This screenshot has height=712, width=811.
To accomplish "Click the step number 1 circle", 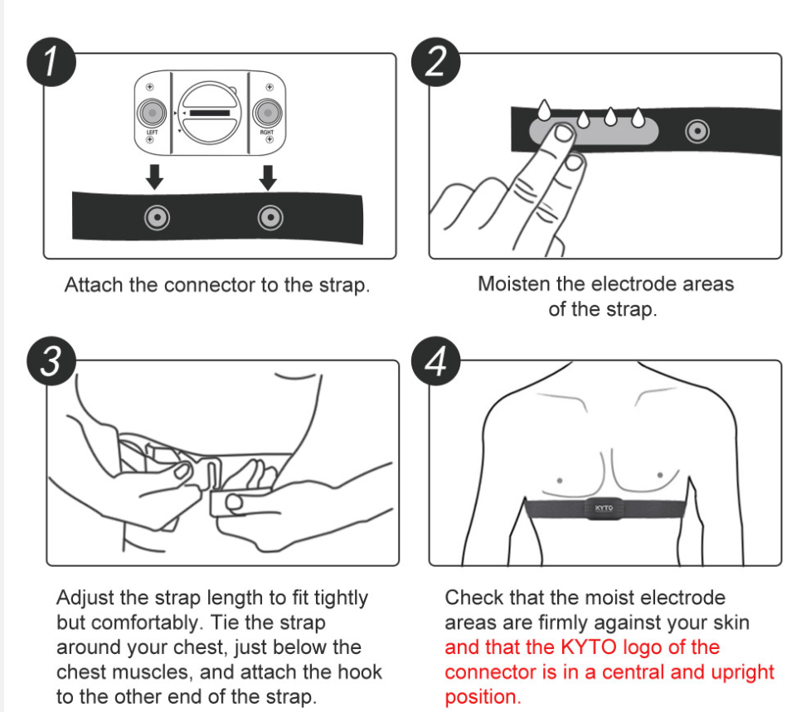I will pos(51,65).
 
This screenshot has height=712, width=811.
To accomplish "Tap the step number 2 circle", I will pos(436,65).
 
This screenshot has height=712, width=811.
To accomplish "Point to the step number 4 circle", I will pos(436,362).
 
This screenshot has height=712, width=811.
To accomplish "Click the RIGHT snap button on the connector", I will pos(267,111).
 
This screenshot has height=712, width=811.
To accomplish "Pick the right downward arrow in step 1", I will pos(267,176).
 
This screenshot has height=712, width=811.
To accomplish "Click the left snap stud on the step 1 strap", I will pos(155,217).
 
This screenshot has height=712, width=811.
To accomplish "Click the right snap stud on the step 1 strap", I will pos(267,217).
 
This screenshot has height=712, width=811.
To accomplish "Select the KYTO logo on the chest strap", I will pos(605,508).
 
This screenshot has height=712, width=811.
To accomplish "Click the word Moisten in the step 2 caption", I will pos(513,284).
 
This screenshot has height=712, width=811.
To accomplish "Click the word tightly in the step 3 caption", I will pos(332,598).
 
